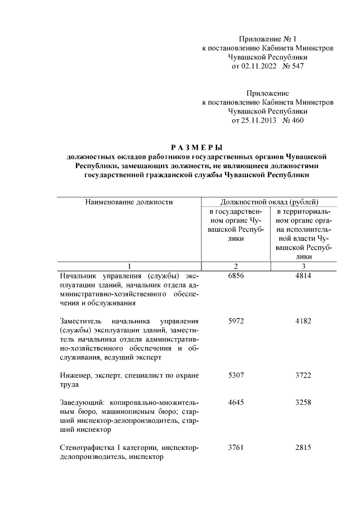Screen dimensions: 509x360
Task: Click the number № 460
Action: click(x=292, y=120)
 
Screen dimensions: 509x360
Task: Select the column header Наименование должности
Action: click(x=129, y=201)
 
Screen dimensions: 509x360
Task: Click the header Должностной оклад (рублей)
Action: click(x=270, y=201)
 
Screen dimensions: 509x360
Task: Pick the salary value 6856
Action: click(x=236, y=276)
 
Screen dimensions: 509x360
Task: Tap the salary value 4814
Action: click(x=303, y=276)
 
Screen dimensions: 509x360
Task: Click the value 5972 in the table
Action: click(x=236, y=321)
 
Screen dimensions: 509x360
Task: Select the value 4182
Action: click(x=303, y=321)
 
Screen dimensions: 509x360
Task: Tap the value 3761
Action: click(x=236, y=447)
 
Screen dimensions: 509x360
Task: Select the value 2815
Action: click(x=303, y=447)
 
